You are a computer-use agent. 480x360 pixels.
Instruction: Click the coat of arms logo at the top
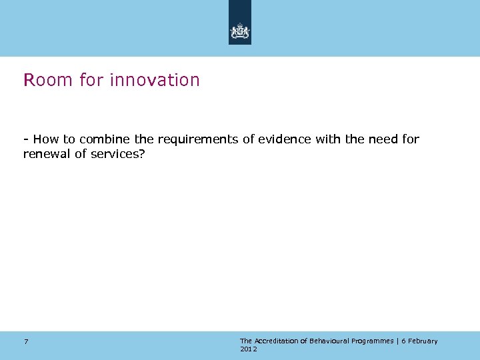(240, 31)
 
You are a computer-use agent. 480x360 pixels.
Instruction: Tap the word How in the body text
(46, 139)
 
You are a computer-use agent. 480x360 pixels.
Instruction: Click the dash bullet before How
(25, 139)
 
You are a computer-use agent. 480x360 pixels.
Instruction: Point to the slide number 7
(26, 341)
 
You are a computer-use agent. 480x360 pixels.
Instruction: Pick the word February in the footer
(422, 341)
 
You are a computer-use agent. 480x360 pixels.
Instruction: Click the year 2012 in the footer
(248, 349)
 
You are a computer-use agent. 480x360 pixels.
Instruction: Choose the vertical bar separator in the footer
(398, 341)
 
